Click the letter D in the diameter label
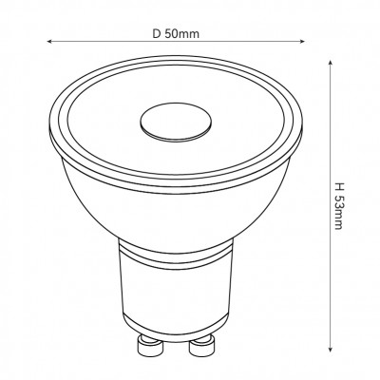pos(157,33)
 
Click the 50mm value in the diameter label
pos(181,33)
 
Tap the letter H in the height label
pos(338,185)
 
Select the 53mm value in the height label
pos(338,211)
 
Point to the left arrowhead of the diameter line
pos(49,42)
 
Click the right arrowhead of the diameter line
pos(302,41)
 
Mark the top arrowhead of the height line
pos(331,63)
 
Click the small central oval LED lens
pos(176,123)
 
